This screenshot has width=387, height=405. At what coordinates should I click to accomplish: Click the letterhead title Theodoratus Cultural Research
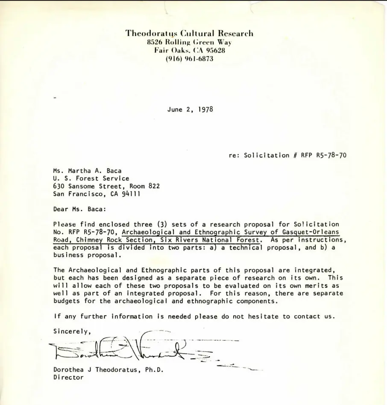coord(189,33)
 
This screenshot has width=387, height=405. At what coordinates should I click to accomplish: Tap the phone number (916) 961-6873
coord(189,59)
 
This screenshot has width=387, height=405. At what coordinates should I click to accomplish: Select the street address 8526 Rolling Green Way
coord(189,42)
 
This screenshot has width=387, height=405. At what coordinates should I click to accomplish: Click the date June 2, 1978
coord(190,109)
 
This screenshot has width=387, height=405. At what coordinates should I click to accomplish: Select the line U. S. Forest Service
coord(91,178)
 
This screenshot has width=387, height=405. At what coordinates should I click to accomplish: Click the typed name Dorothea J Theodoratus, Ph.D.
coord(108,370)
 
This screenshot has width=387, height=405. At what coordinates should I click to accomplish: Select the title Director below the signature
coord(68,378)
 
